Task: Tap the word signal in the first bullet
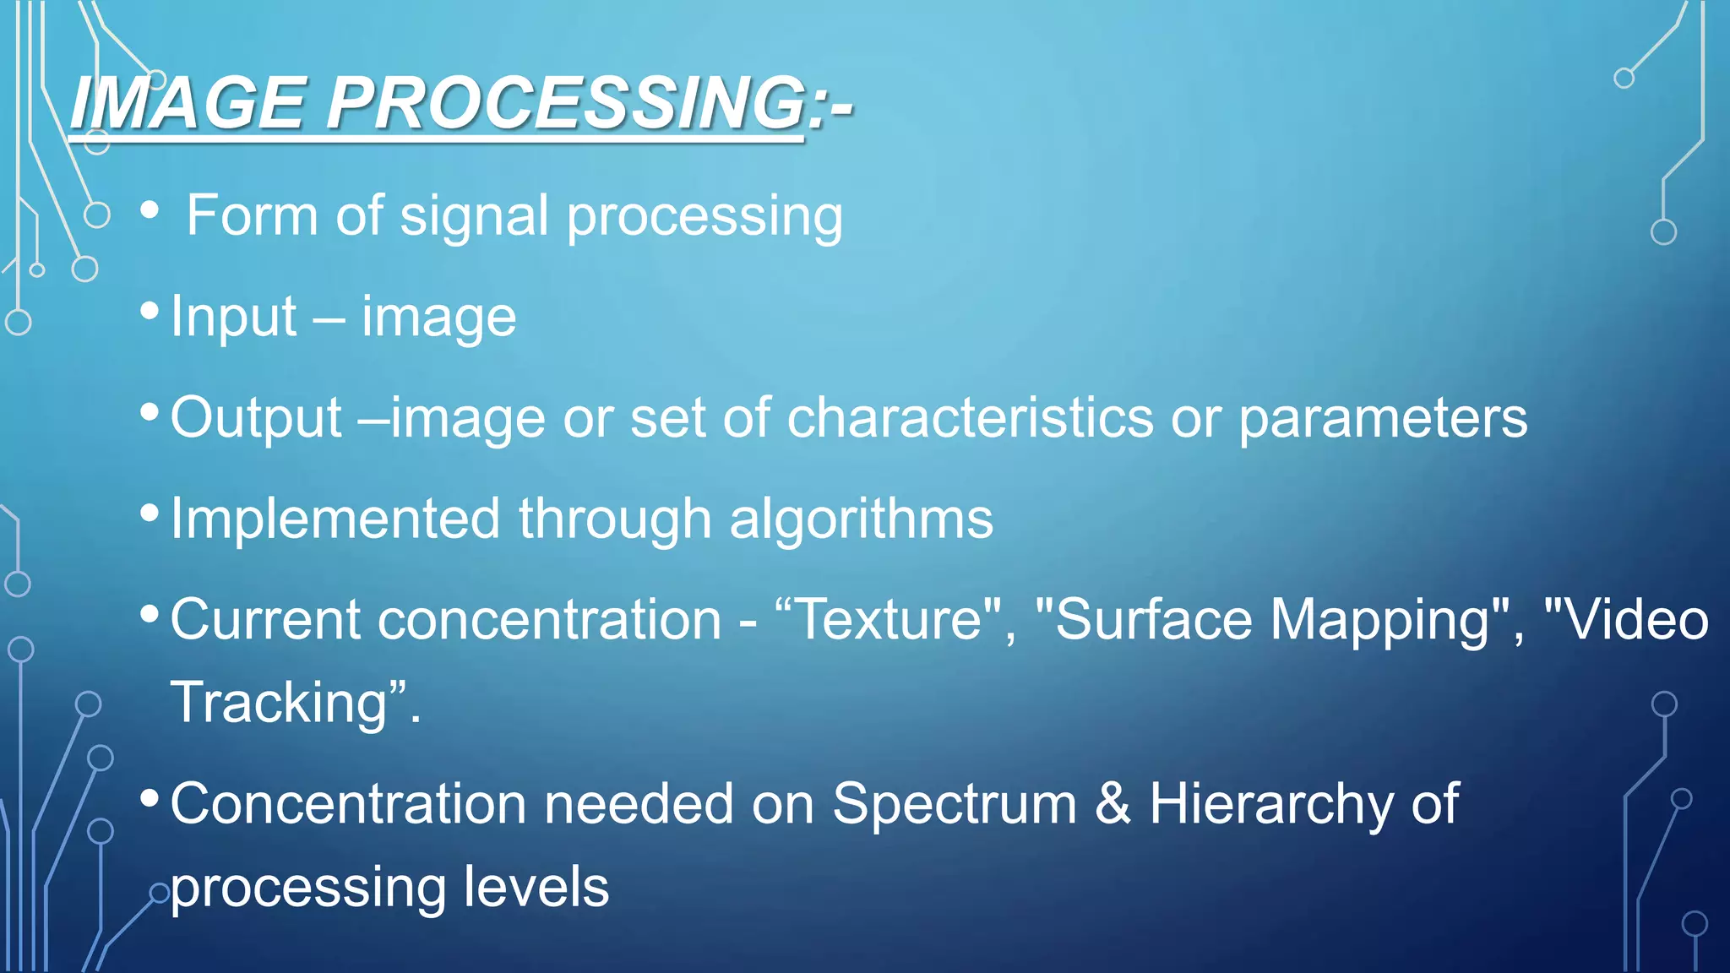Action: pyautogui.click(x=474, y=216)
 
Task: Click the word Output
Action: pyautogui.click(x=256, y=418)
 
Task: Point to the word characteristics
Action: pyautogui.click(x=970, y=418)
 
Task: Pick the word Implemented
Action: pyautogui.click(x=335, y=519)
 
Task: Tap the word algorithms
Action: pyautogui.click(x=861, y=519)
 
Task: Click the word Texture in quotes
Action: pyautogui.click(x=889, y=620)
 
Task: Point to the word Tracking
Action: pyautogui.click(x=279, y=704)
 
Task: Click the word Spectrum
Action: pyautogui.click(x=955, y=805)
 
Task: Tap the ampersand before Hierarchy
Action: pyautogui.click(x=1113, y=803)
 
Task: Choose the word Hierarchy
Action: pyautogui.click(x=1270, y=805)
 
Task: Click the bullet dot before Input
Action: pyautogui.click(x=150, y=311)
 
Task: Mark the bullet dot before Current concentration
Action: pyautogui.click(x=150, y=613)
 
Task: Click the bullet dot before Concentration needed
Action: pyautogui.click(x=150, y=797)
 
